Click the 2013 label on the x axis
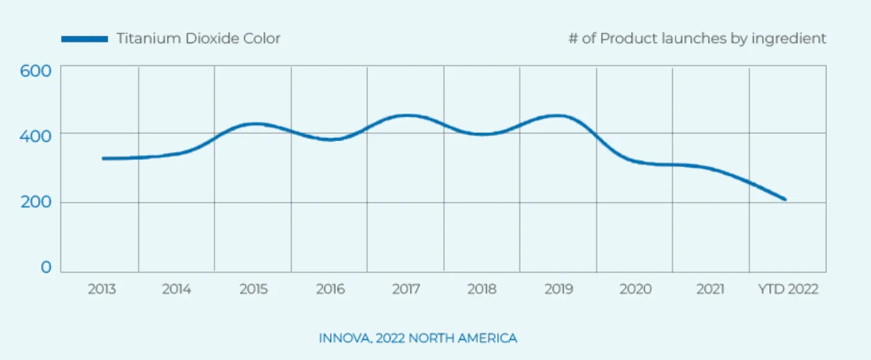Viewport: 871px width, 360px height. (102, 289)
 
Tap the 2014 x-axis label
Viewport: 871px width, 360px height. (177, 289)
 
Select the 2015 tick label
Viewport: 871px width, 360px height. (253, 289)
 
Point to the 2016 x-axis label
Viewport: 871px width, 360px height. (330, 289)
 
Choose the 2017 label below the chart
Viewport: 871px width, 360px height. (406, 289)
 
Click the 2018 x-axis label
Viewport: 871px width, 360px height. (482, 289)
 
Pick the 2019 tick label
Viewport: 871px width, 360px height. (558, 289)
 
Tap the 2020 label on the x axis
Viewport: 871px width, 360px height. (635, 289)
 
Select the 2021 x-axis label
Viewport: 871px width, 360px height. (710, 289)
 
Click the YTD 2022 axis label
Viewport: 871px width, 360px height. (788, 289)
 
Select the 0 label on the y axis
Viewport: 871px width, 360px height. (46, 267)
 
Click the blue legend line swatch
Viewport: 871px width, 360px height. (84, 39)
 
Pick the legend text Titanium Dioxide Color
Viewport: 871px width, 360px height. (198, 39)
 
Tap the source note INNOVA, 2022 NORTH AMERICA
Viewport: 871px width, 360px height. (417, 339)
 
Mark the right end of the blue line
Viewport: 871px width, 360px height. (785, 199)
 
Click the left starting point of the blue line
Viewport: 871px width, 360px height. (103, 159)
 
